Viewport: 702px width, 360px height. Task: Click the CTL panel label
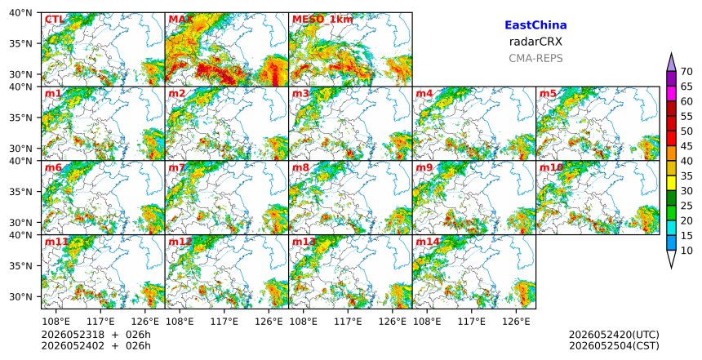pos(54,20)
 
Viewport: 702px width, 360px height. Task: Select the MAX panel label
pos(180,20)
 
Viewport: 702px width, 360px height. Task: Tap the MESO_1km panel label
pos(322,20)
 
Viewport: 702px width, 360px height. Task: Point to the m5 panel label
pos(548,94)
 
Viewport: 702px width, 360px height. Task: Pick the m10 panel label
pos(551,167)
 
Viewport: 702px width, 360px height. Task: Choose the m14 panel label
pos(427,242)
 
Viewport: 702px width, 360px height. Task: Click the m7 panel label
pos(177,167)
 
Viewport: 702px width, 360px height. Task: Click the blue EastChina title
pos(535,25)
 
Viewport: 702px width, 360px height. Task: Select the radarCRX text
pos(535,42)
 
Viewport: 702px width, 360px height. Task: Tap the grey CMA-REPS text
pos(535,58)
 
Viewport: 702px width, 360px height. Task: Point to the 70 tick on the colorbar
pos(686,72)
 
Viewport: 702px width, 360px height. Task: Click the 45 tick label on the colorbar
pos(686,146)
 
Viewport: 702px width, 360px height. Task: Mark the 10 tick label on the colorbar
pos(686,251)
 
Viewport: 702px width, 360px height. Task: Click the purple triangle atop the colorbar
pos(671,63)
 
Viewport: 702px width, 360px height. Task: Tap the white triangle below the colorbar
pos(671,258)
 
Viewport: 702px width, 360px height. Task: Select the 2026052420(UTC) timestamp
pos(614,335)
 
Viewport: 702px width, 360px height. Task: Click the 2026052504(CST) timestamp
pos(614,345)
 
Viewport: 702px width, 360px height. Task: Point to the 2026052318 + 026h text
pos(96,335)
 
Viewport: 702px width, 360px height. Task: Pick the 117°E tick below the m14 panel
pos(472,322)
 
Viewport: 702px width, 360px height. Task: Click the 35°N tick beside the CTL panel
pos(20,43)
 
